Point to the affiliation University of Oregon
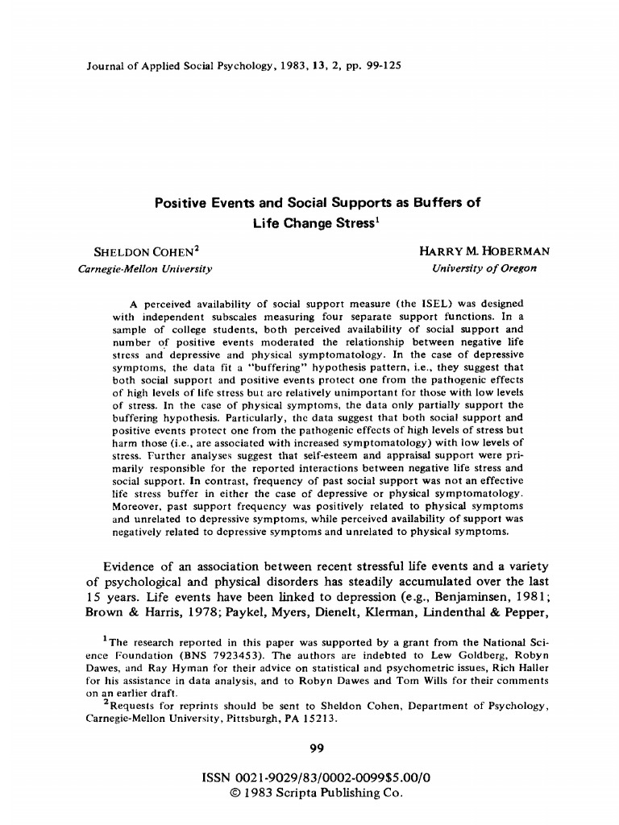pyautogui.click(x=484, y=268)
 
